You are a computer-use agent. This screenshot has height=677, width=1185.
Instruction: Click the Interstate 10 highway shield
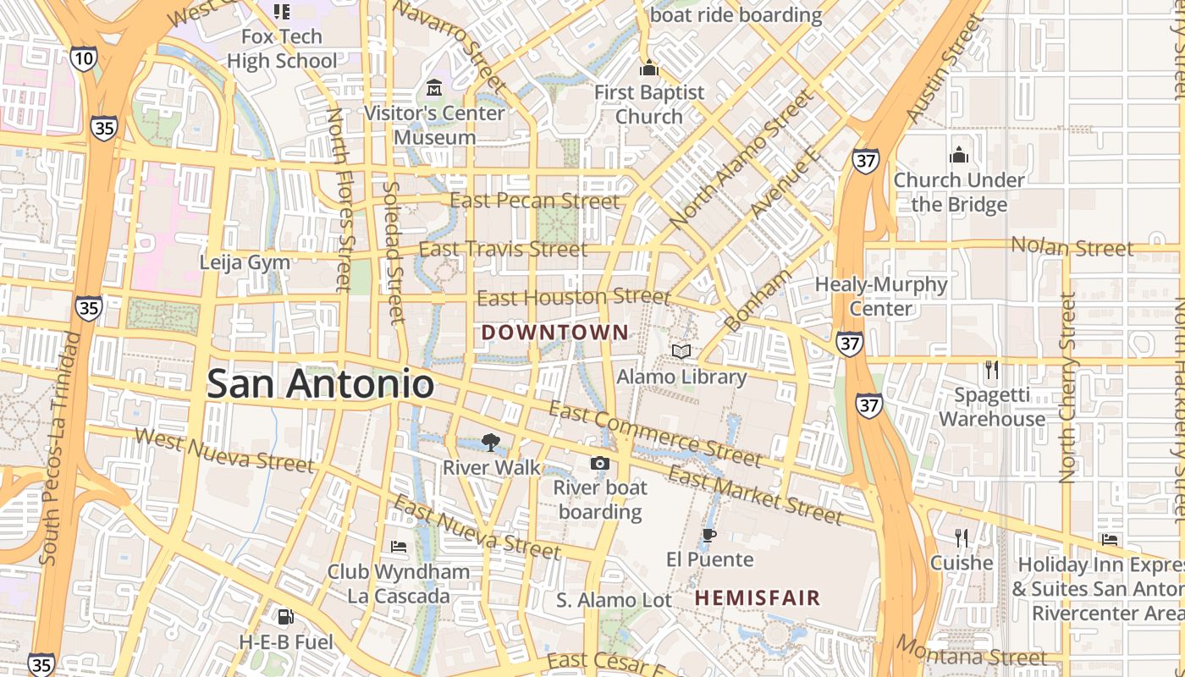tap(84, 58)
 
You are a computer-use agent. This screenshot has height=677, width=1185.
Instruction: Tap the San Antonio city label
tap(320, 384)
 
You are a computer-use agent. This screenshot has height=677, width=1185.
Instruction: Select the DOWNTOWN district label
tap(555, 333)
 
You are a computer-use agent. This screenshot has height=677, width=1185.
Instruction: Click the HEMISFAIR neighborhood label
tap(758, 598)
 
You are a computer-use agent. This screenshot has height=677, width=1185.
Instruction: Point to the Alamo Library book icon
tap(681, 350)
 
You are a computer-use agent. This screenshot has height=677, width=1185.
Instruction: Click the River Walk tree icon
tap(489, 441)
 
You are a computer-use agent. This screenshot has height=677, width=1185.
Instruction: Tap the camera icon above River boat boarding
tap(599, 463)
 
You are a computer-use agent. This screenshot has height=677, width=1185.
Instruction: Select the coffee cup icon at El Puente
tap(709, 535)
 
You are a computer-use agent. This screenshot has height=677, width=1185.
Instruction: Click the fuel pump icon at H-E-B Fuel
tap(285, 617)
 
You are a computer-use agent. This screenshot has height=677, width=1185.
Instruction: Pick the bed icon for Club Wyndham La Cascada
tap(399, 547)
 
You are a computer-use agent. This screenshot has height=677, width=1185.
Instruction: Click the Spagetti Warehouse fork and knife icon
tap(992, 370)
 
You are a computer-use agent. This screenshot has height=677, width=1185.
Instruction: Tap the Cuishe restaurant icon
tap(961, 537)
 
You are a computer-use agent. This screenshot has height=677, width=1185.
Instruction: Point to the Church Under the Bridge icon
tap(958, 155)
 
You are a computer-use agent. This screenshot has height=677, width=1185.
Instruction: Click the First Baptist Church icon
tap(649, 68)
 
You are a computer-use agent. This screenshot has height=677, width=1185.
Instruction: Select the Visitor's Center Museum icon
tap(434, 87)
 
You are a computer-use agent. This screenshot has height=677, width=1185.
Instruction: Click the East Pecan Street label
tap(534, 201)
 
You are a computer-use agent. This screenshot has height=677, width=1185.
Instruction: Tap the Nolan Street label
tap(1072, 247)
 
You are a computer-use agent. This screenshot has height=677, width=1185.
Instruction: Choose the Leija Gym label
tap(245, 262)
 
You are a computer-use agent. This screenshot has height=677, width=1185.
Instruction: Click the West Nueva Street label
tap(223, 449)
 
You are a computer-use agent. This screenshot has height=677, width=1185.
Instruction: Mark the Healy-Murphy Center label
tap(880, 296)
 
